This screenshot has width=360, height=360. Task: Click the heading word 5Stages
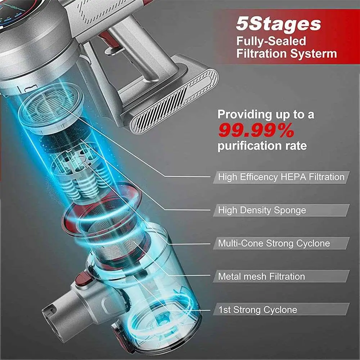point(278,24)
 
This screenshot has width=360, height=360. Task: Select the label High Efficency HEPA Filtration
point(281,177)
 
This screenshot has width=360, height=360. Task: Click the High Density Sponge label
point(262,210)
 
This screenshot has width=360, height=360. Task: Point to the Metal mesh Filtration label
point(261,276)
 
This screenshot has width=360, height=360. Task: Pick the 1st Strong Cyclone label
point(258,310)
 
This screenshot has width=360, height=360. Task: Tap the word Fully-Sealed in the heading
point(271,41)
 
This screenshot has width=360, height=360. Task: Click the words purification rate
point(262,146)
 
